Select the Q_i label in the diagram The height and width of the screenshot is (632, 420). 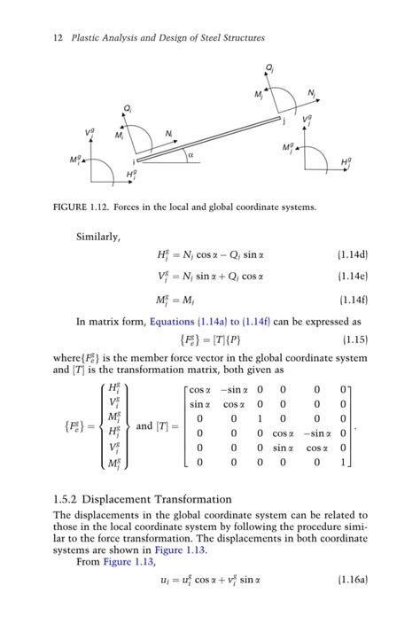[128, 108]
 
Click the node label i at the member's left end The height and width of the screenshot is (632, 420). [133, 163]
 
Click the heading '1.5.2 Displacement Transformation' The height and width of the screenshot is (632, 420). [143, 499]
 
